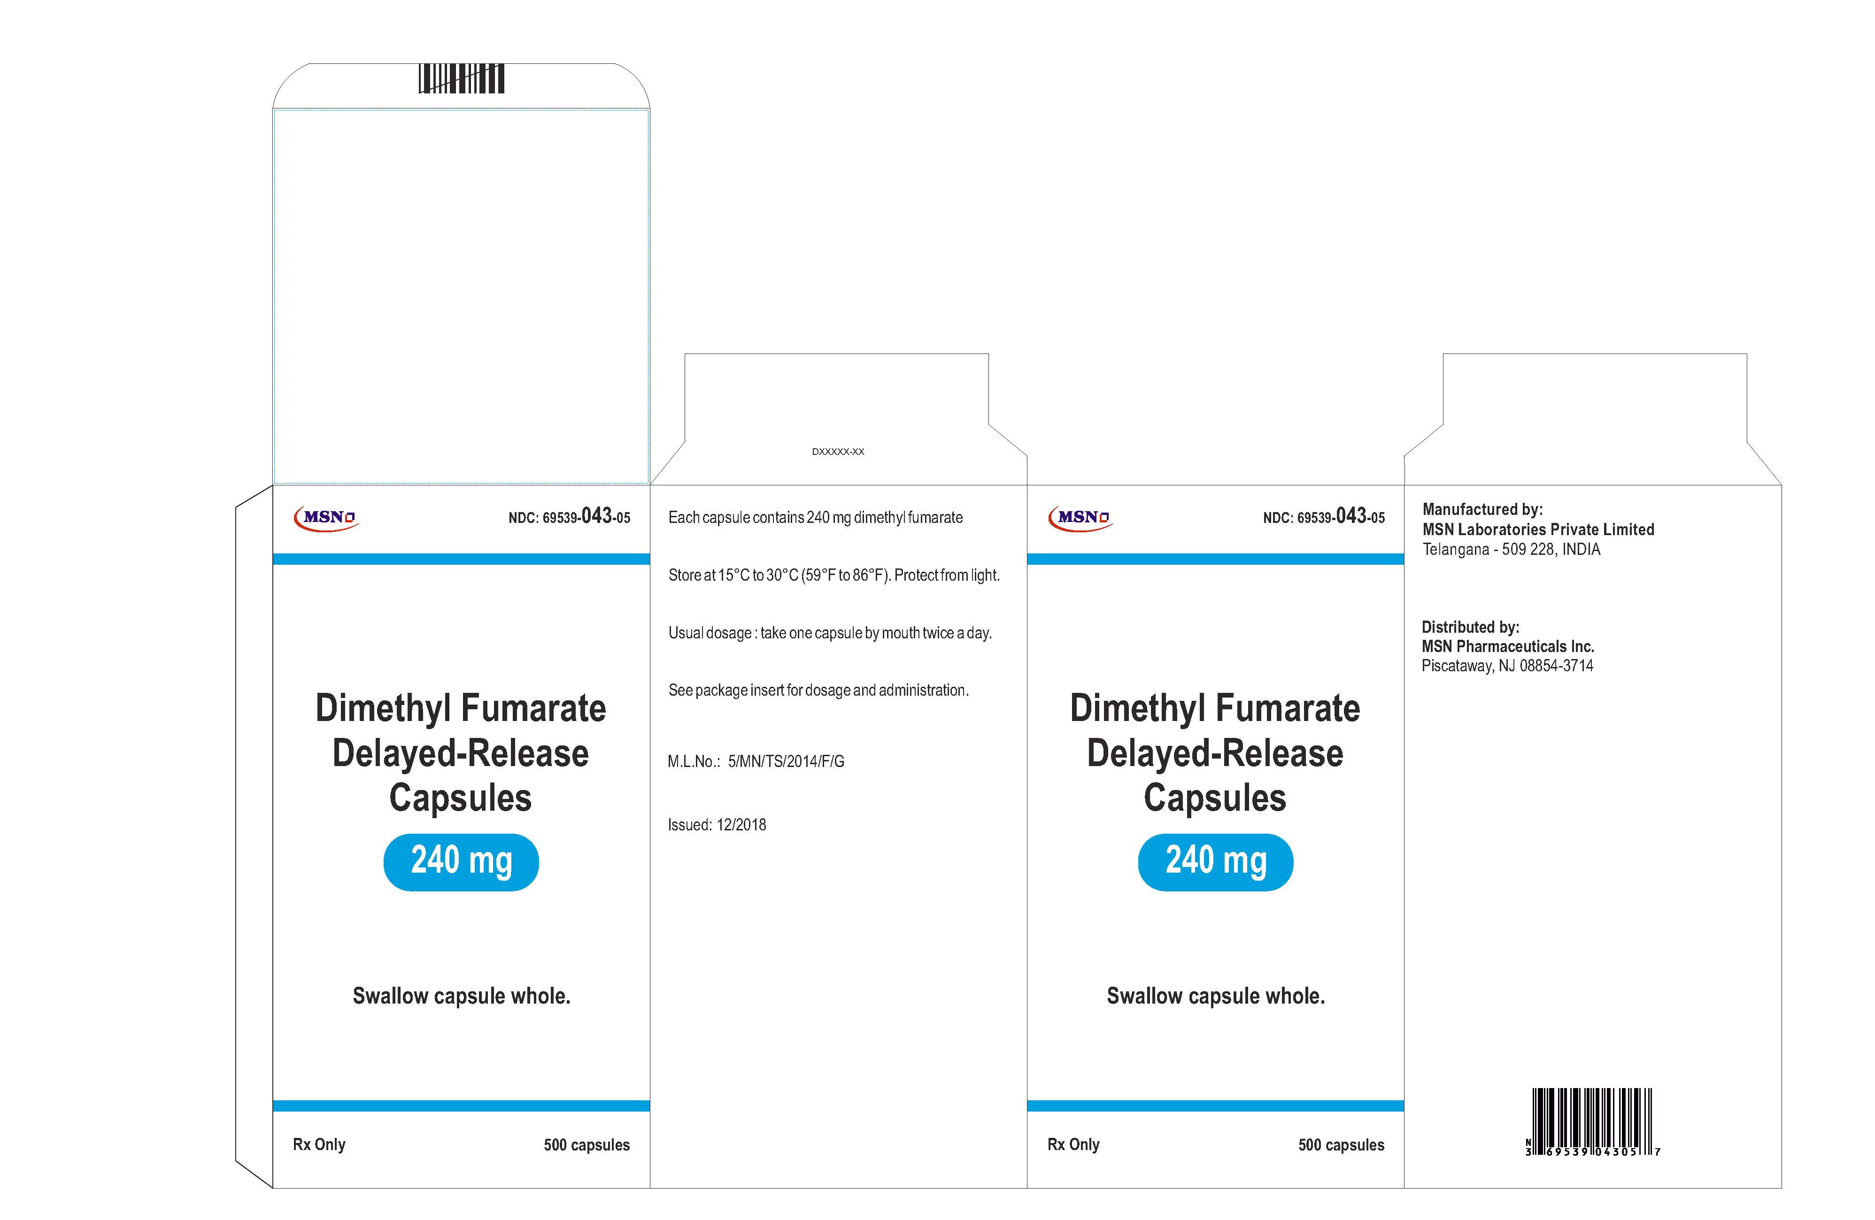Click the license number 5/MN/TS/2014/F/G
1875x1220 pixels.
786,761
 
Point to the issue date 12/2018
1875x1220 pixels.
741,825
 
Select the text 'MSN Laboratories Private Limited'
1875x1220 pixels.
1538,529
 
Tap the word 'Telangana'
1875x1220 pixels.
1456,549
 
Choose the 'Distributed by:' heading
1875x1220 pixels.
1470,627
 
